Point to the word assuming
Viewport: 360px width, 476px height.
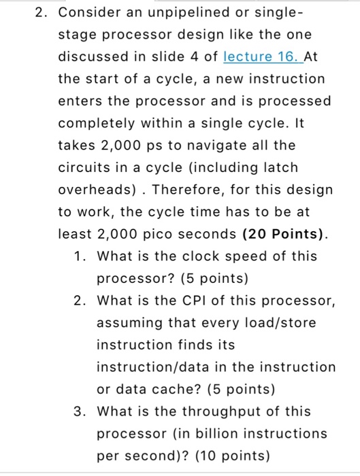click(131, 322)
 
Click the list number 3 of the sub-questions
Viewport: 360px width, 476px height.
click(81, 411)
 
